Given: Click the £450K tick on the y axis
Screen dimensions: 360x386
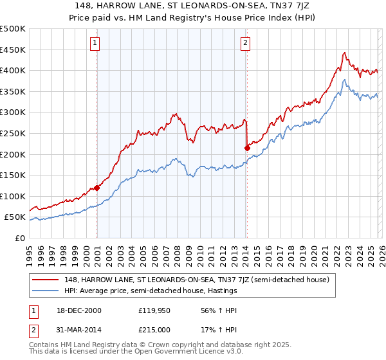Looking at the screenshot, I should click(x=13, y=50).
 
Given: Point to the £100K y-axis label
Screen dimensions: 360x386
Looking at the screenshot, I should click(x=13, y=196).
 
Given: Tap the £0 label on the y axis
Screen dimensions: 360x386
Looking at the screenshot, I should click(x=21, y=238).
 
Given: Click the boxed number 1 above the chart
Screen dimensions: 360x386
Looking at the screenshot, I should click(x=95, y=43).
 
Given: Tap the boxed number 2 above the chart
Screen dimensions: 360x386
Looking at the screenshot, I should click(x=245, y=43).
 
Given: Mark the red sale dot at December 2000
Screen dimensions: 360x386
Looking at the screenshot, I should click(x=97, y=188).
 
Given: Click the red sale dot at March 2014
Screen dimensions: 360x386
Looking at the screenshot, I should click(x=247, y=148).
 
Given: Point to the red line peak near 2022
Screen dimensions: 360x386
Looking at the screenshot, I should click(x=345, y=53).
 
